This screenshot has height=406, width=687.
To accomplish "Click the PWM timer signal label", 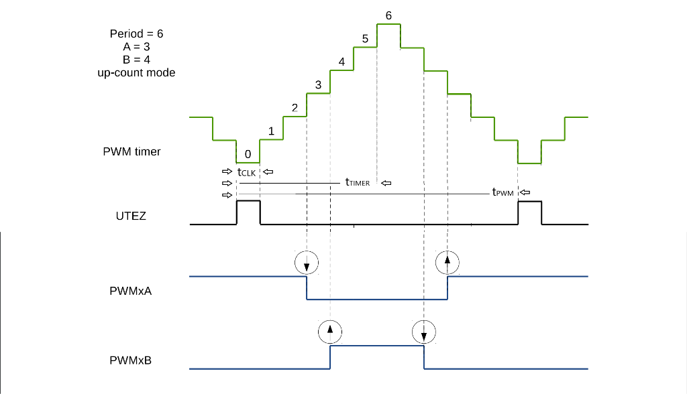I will click(x=131, y=151).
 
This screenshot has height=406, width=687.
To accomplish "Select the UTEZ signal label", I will click(x=131, y=216).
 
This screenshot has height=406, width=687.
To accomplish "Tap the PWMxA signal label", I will click(x=130, y=291).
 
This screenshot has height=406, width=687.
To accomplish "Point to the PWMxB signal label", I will click(x=130, y=360).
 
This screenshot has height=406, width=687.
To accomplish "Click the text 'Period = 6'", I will click(x=136, y=33).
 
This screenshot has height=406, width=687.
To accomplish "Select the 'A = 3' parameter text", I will click(x=136, y=47).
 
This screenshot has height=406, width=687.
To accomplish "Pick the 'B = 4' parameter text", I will click(x=136, y=60).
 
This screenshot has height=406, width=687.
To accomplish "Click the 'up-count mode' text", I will click(x=136, y=72).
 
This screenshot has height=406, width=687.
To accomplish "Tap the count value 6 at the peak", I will click(x=388, y=15).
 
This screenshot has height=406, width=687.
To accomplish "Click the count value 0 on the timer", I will click(x=248, y=154).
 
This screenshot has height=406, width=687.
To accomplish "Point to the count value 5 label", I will click(x=365, y=39).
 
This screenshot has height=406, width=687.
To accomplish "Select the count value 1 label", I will click(x=271, y=131).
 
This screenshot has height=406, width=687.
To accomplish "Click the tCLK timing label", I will click(x=246, y=172).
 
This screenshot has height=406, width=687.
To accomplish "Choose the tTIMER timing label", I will click(x=357, y=182).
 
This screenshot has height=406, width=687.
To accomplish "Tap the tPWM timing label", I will click(x=503, y=192).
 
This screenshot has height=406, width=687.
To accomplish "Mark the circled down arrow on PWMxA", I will click(x=307, y=262).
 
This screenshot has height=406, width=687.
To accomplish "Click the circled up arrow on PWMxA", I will click(x=447, y=262).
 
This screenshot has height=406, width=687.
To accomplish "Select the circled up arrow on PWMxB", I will click(x=329, y=331).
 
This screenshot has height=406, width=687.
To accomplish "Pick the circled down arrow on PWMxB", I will click(x=423, y=331).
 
